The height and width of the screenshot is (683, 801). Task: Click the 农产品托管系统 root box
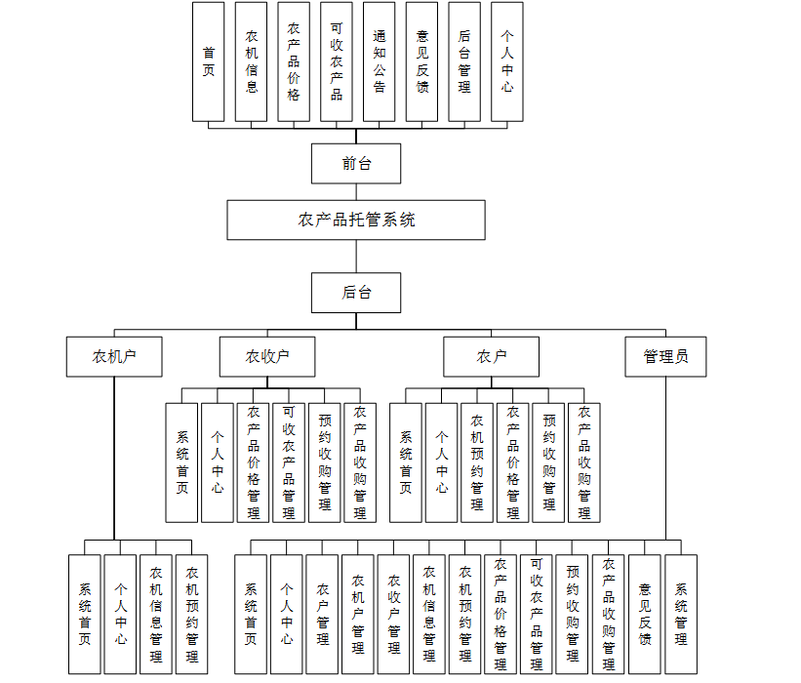click(356, 220)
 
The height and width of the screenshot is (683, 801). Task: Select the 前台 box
click(356, 163)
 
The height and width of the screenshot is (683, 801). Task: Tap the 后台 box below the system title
click(356, 292)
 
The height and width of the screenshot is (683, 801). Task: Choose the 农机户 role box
click(114, 356)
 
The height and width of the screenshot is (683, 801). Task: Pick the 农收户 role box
click(267, 356)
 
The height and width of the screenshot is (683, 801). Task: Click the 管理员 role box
click(665, 356)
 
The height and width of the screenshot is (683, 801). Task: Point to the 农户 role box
click(492, 356)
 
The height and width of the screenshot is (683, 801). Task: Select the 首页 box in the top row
click(208, 61)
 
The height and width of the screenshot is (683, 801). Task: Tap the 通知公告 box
click(379, 61)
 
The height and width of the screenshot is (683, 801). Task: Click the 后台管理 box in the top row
click(463, 61)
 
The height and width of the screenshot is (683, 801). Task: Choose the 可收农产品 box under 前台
click(336, 61)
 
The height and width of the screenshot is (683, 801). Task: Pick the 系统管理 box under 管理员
click(681, 614)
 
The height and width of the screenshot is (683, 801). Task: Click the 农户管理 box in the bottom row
click(322, 614)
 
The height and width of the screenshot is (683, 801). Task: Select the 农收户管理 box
click(394, 614)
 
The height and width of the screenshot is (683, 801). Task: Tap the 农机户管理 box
click(358, 614)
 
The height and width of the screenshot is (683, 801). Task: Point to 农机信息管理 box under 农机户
click(156, 614)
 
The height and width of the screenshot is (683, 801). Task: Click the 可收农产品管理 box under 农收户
click(289, 462)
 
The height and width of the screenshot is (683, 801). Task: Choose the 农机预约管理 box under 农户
click(477, 462)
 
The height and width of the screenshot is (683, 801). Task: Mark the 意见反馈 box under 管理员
click(645, 614)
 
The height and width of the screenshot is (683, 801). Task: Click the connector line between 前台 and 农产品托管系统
click(356, 191)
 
